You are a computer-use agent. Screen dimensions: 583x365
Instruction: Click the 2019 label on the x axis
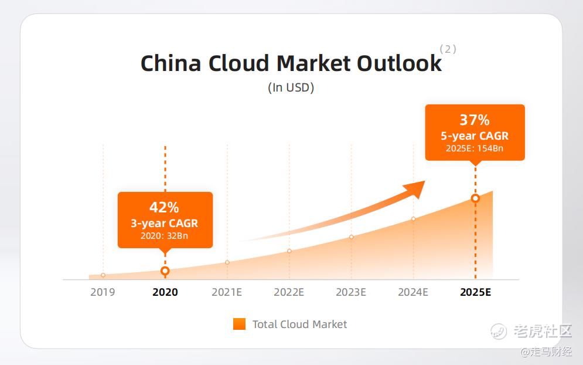[x=103, y=292]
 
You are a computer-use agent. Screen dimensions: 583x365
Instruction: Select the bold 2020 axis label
[x=165, y=292]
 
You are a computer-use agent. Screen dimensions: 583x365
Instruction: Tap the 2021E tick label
[x=227, y=292]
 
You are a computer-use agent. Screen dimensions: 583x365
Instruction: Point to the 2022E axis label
[x=289, y=292]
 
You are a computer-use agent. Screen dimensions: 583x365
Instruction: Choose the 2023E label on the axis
[x=351, y=292]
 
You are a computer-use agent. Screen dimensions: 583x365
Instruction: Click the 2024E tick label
[x=413, y=292]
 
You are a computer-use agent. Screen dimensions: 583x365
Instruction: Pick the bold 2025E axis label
[x=476, y=292]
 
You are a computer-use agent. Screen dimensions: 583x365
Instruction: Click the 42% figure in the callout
[x=164, y=207]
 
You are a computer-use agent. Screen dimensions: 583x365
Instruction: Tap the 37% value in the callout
[x=475, y=120]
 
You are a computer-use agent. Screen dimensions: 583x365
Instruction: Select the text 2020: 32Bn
[x=164, y=236]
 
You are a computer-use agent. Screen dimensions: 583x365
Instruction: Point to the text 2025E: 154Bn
[x=475, y=148]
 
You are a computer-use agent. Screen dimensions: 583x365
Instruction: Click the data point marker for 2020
[x=165, y=271]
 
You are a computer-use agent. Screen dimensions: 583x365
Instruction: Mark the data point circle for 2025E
[x=475, y=198]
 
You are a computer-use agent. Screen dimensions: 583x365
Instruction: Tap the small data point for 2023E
[x=352, y=237]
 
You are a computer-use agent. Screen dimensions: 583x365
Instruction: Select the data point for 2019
[x=103, y=275]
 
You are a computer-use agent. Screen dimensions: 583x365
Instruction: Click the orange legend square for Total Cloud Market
[x=240, y=324]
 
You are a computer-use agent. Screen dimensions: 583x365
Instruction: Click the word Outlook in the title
[x=400, y=63]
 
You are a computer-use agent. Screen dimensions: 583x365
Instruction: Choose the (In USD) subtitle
[x=291, y=87]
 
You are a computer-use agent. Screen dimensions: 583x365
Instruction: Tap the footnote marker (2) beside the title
[x=448, y=49]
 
